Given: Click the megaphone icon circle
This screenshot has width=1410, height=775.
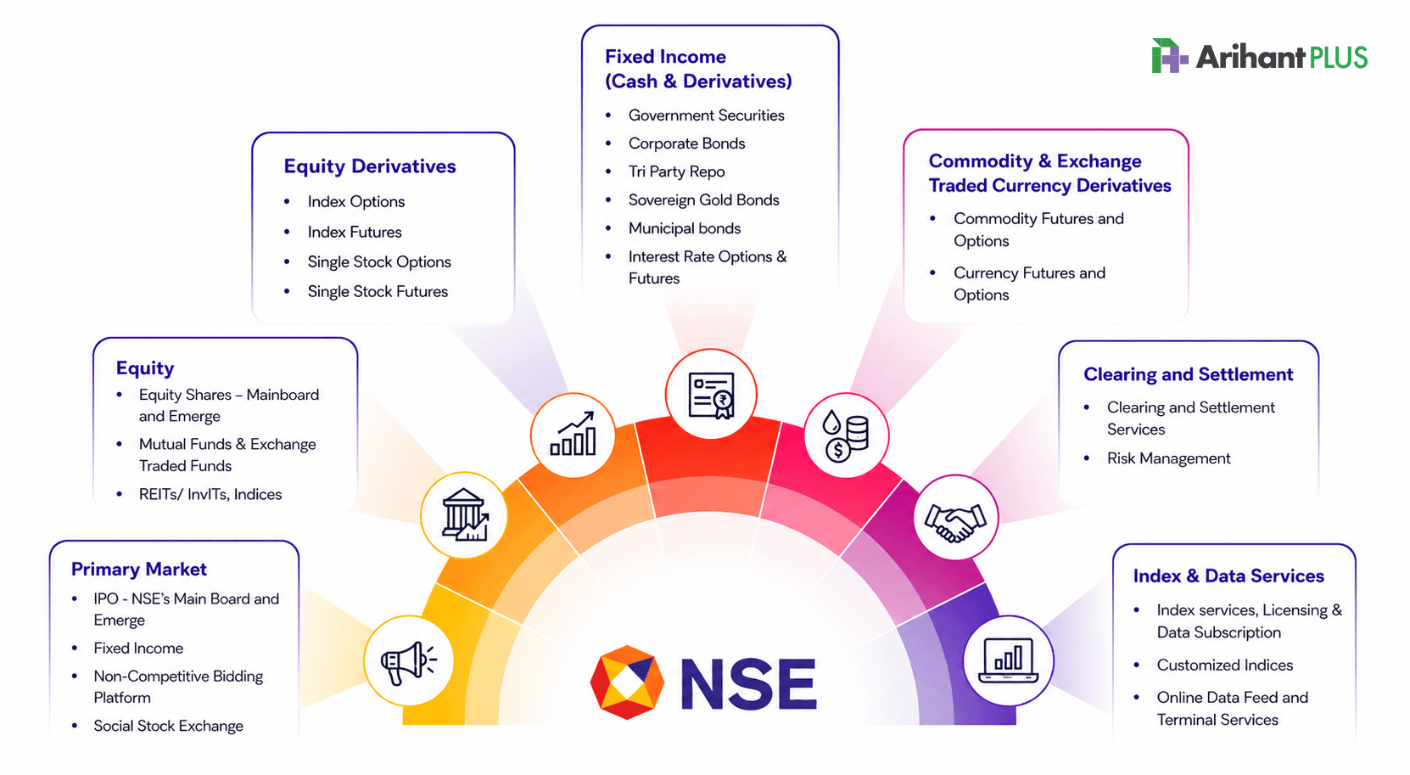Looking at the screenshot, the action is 409,661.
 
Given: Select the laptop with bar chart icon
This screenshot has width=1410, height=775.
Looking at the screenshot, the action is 1008,660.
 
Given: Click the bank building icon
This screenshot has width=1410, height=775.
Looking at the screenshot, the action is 465,515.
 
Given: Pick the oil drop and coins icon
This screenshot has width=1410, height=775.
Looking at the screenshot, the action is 845,435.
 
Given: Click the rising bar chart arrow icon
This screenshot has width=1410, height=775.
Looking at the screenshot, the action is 573,434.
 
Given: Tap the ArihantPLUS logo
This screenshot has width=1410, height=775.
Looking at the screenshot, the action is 1260,56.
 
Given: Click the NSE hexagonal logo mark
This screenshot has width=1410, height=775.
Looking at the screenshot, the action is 627,682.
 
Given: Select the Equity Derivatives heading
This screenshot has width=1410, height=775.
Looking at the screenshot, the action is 370,166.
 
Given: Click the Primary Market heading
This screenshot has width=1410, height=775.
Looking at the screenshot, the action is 138,569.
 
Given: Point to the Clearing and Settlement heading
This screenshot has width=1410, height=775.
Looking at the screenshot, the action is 1188,374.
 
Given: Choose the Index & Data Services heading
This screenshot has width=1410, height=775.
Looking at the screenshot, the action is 1228,576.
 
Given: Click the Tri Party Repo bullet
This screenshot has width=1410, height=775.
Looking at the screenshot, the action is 676,171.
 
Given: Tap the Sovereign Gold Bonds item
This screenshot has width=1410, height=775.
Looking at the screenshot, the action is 704,200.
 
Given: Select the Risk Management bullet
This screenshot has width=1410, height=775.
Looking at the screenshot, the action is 1168,458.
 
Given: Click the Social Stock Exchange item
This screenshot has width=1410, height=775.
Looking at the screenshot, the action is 168,726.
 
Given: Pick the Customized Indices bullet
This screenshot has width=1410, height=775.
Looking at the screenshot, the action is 1224,665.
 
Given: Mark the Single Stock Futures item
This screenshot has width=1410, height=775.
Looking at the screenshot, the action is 378,291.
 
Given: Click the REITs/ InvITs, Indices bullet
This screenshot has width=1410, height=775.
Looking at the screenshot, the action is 210,494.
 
